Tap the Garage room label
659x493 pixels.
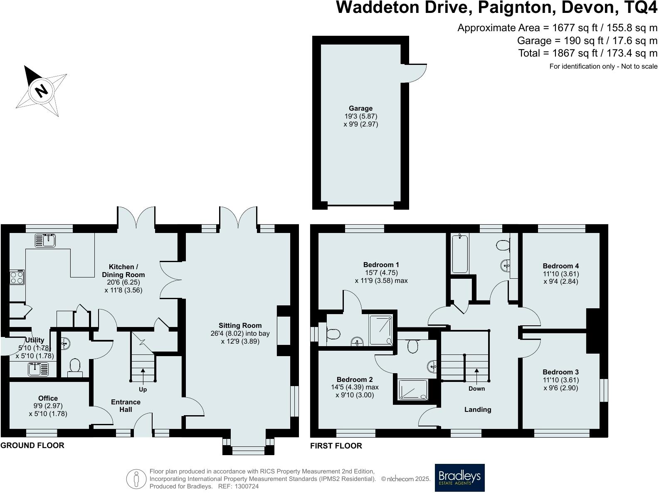pos(360,109)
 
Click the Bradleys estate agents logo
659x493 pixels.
pos(459,478)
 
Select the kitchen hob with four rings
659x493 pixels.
pos(17,277)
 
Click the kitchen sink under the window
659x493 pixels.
pos(45,240)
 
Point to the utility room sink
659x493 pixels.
pos(38,369)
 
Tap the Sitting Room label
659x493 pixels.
pos(240,326)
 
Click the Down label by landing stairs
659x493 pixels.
pos(476,389)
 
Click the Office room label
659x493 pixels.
pos(48,398)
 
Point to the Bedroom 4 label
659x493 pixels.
pos(560,266)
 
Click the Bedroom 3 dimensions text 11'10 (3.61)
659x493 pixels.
pos(560,380)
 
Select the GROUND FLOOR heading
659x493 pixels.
pos(32,446)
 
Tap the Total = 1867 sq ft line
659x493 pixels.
pos(587,53)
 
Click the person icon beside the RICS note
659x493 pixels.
pos(136,479)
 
